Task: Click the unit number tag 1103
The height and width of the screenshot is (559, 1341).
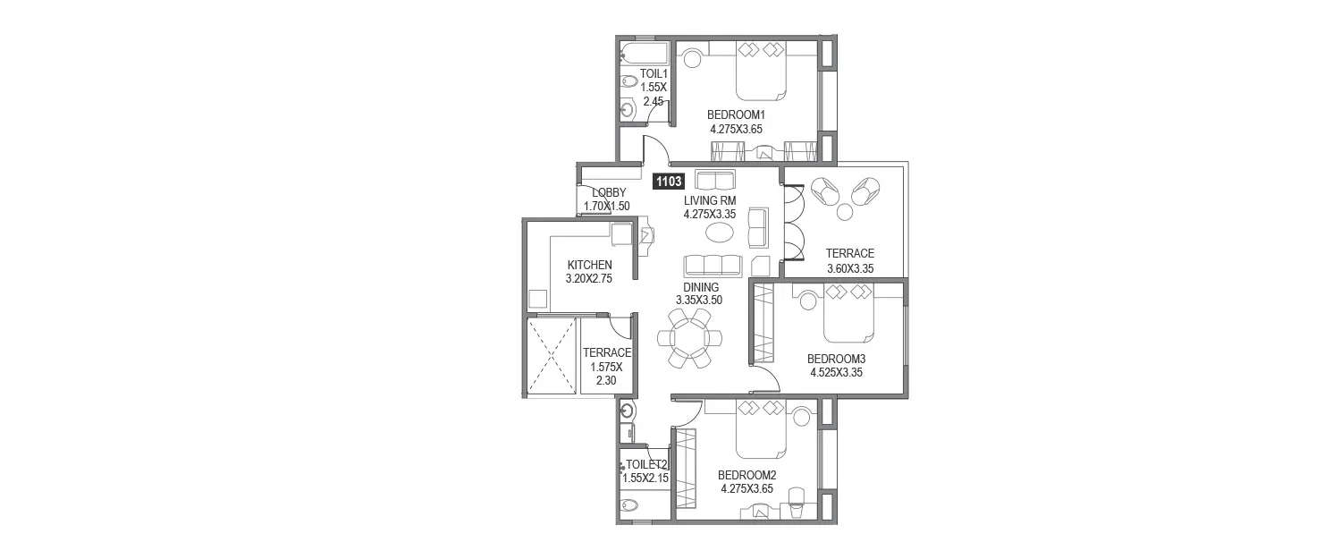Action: tap(669, 182)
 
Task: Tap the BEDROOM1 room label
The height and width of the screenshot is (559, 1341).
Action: tap(737, 114)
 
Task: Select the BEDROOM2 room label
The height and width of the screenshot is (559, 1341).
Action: tap(746, 475)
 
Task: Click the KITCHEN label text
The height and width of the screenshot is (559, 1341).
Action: tap(589, 265)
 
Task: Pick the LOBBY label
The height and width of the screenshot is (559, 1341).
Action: tap(608, 193)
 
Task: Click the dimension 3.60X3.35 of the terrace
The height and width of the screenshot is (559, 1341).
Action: tap(849, 267)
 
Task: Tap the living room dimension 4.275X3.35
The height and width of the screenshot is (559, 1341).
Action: tap(709, 215)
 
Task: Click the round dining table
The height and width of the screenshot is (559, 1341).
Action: tap(688, 339)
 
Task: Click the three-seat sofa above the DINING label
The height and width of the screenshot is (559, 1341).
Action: tap(713, 266)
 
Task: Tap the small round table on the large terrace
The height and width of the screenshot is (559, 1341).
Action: tap(845, 212)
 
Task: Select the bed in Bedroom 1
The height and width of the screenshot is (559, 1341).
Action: tap(760, 72)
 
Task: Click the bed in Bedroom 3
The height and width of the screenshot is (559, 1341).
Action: tap(848, 313)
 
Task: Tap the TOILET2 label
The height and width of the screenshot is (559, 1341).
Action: tap(645, 465)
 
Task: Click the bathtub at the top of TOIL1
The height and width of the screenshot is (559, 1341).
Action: tap(645, 51)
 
